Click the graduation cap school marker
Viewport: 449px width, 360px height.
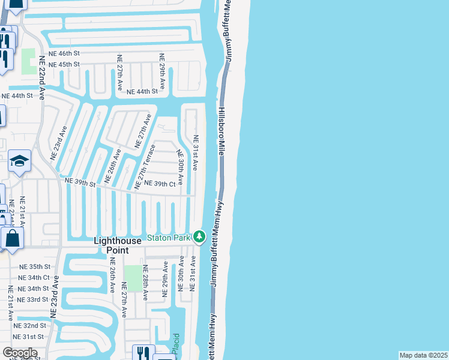pos(19,161)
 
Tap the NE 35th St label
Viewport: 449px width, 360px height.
pos(35,266)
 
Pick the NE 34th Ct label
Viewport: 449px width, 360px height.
pos(34,278)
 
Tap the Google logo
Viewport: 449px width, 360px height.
pos(19,353)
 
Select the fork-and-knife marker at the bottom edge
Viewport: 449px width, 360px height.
pos(143,352)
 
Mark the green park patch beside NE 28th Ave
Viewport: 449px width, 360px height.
pos(133,278)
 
